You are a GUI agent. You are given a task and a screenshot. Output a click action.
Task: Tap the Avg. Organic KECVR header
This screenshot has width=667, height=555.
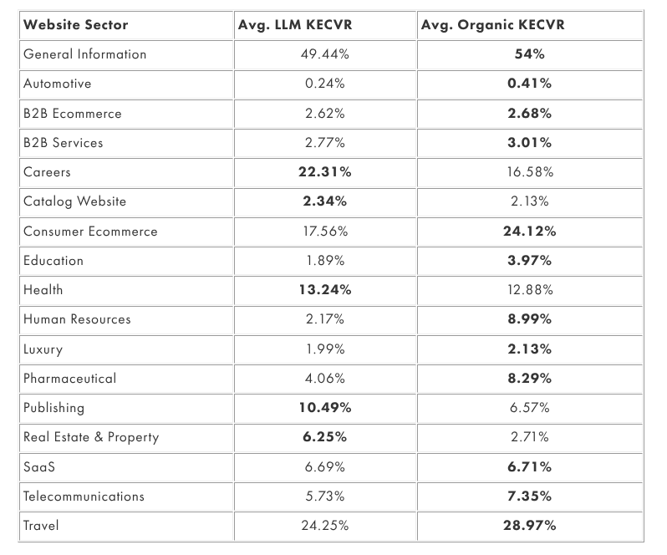[x=492, y=24]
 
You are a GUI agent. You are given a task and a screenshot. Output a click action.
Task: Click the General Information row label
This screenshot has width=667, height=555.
[x=84, y=54]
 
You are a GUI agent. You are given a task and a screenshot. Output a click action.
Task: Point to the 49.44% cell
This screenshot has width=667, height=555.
[x=324, y=54]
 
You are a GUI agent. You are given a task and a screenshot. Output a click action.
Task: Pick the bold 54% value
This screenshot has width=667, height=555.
[x=529, y=54]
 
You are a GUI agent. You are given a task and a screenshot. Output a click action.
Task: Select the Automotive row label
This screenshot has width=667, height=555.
[x=57, y=84]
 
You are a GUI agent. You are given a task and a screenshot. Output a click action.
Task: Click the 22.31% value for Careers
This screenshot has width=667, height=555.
[x=324, y=172]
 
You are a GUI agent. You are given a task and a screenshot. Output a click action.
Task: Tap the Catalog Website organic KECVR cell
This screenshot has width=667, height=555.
[x=529, y=201]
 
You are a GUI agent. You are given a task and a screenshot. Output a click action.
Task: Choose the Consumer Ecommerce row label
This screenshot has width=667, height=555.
[x=90, y=232]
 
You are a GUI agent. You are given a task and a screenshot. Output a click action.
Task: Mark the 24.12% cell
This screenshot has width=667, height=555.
[x=529, y=232]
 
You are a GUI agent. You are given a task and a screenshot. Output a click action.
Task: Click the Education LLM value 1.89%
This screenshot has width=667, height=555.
[x=324, y=261]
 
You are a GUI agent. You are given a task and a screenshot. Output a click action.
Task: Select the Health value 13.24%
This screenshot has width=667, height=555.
[x=324, y=290]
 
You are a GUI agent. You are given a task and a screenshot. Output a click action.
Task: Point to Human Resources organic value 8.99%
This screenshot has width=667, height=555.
[x=529, y=319]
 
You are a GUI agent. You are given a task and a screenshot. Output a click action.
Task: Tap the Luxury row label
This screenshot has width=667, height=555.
[x=43, y=349]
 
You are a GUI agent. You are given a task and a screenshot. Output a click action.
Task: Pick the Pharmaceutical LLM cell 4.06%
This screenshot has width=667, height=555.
[x=324, y=379]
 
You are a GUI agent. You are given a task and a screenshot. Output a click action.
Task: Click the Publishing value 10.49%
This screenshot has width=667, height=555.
[x=324, y=408]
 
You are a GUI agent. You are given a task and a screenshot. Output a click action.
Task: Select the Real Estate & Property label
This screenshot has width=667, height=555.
[x=90, y=437]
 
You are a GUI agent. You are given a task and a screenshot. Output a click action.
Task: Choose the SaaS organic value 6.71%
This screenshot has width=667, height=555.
[x=529, y=466]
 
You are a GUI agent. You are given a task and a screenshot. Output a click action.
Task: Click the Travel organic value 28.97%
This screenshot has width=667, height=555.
[x=529, y=526]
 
